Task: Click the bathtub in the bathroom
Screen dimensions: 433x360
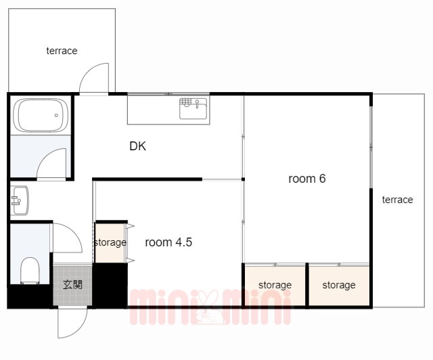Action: tap(41, 115)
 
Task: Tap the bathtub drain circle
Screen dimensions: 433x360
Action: tap(56, 115)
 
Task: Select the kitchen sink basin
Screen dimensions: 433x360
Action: tap(193, 108)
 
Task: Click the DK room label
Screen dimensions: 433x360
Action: tap(137, 146)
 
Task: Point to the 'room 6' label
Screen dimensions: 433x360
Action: tap(306, 179)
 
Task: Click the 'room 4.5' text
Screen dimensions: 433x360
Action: tap(168, 242)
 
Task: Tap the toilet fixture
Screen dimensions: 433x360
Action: tap(30, 271)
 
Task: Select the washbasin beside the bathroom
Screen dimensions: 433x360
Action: tap(20, 200)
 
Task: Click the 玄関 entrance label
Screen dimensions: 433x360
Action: tap(72, 285)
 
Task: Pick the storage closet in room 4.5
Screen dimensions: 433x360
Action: tap(110, 242)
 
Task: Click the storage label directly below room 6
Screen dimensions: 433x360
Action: tap(275, 285)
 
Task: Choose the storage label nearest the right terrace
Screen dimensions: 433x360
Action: tap(339, 285)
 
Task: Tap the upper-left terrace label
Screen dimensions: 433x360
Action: tap(62, 51)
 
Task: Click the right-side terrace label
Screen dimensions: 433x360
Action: tap(397, 200)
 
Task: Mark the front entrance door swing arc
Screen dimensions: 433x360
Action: tap(80, 330)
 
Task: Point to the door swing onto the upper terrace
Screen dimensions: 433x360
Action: tap(87, 72)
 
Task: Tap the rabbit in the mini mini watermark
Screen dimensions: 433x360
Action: tap(210, 307)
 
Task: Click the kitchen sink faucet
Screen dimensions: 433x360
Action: tap(197, 104)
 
